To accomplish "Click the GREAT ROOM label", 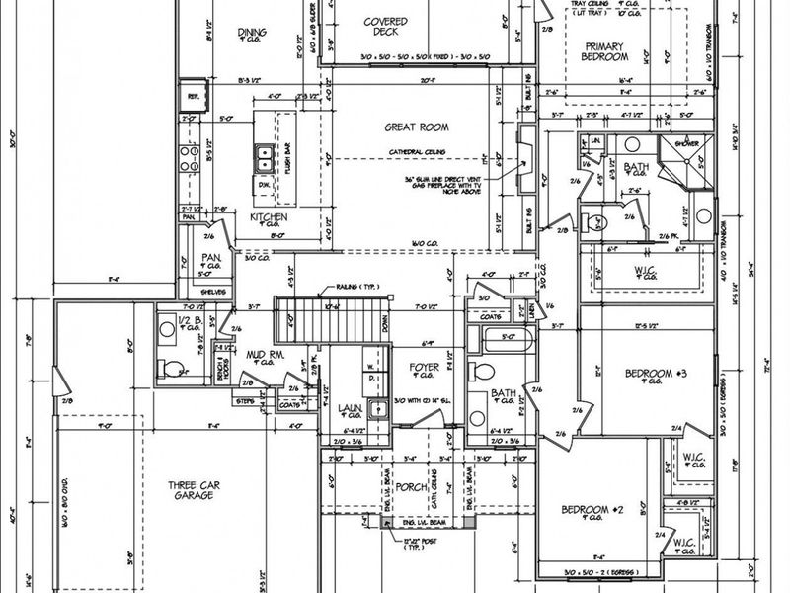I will tap(416, 127).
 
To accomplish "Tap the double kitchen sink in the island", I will tap(264, 155).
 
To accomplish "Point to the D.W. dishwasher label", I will tap(264, 185).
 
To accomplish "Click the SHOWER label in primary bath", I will tap(688, 143).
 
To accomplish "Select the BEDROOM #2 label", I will tap(591, 510).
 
